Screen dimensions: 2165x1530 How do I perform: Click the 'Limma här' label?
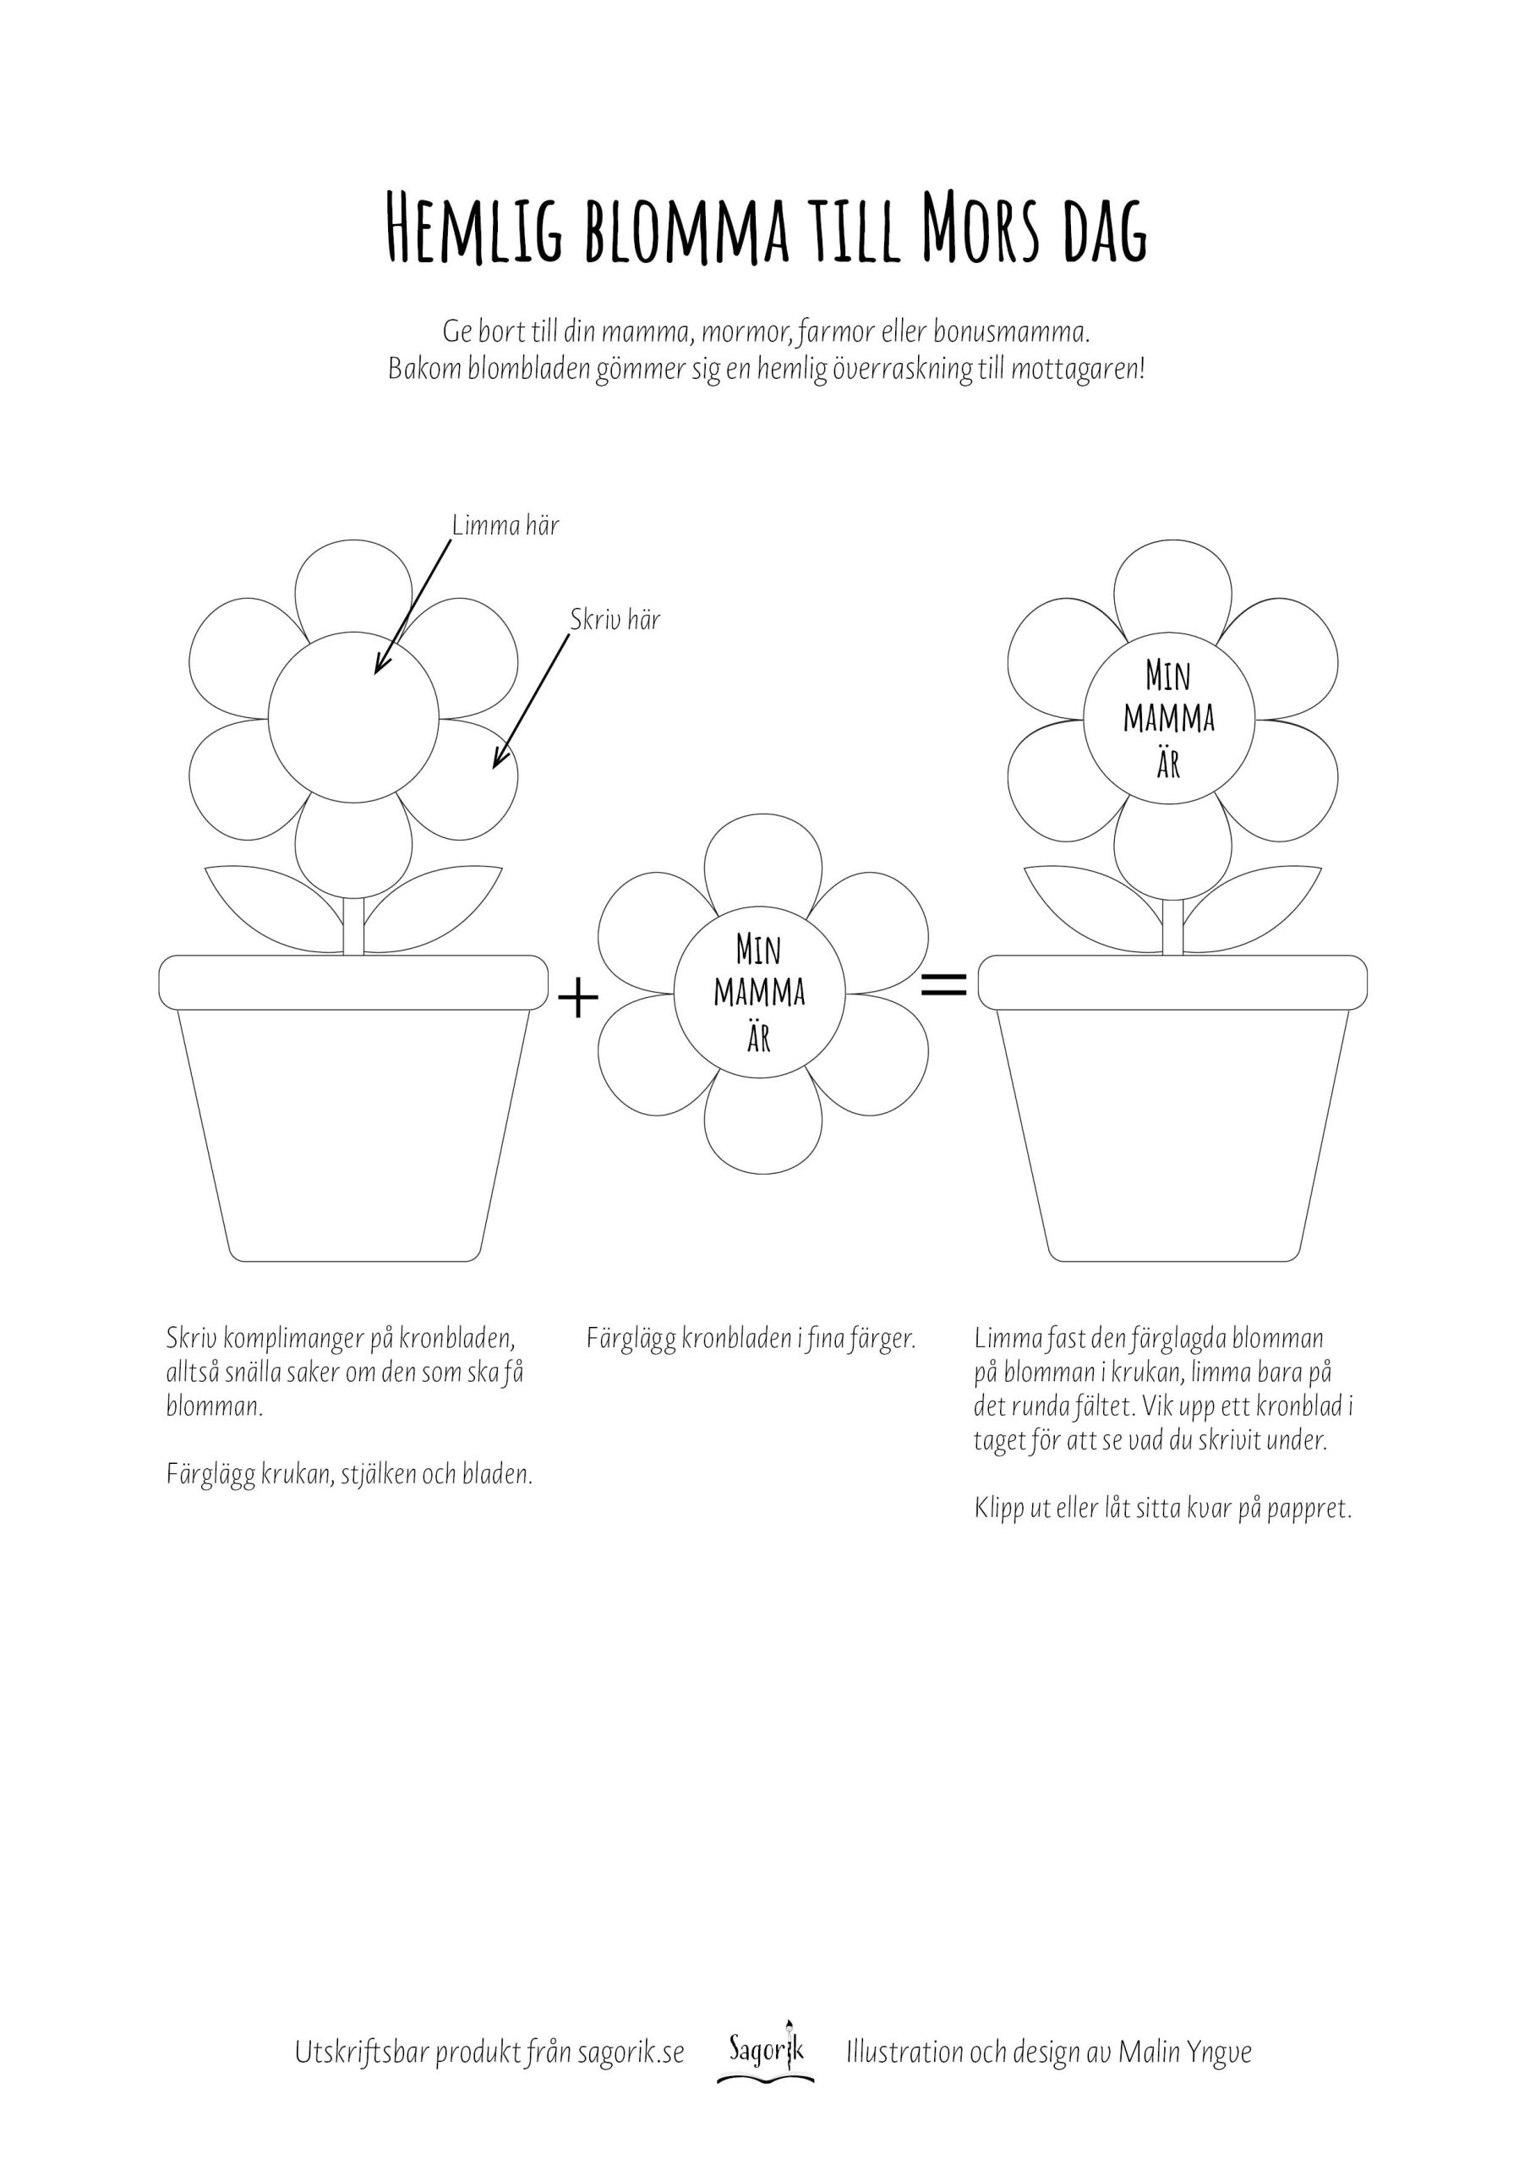(505, 525)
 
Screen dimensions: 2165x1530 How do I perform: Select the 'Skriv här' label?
(615, 620)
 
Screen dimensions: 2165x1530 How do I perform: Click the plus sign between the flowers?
(579, 999)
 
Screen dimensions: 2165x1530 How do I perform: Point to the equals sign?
(943, 985)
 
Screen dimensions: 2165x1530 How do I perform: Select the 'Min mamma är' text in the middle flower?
(760, 993)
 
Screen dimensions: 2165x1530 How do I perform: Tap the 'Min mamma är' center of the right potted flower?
(1168, 720)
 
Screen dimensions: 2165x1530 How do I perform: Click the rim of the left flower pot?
(353, 982)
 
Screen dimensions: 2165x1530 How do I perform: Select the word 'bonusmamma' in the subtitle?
(1011, 332)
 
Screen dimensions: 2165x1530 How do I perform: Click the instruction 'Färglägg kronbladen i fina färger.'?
(751, 1339)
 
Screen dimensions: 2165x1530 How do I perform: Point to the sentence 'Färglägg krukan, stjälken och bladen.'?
(349, 1475)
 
